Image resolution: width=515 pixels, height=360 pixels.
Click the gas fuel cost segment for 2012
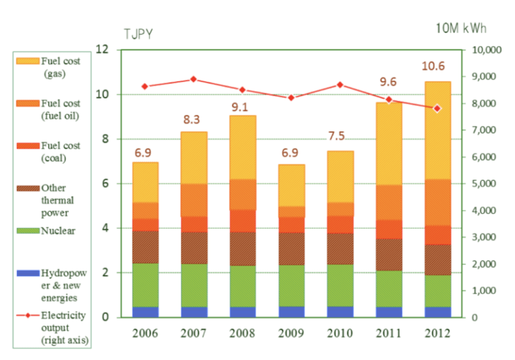pos(437,130)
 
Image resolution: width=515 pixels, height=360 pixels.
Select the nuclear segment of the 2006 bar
pos(145,285)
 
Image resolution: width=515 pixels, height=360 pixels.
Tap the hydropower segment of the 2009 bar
pos(291,312)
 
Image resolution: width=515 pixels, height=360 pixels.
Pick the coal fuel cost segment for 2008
pos(242,221)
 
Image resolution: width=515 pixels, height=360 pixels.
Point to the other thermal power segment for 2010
pos(340,249)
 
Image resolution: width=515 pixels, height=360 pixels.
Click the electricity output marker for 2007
pos(194,79)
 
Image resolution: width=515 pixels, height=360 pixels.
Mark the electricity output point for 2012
pos(437,108)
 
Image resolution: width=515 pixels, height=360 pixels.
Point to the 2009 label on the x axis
pos(291,333)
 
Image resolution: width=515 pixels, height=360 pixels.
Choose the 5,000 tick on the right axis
pos(487,184)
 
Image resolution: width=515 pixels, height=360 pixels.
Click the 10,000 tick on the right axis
pos(485,50)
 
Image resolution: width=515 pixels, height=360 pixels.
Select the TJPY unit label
pos(137,34)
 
